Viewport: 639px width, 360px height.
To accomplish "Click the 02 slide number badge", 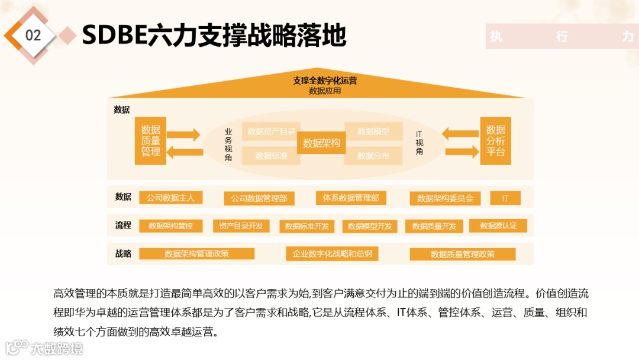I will point(33,36).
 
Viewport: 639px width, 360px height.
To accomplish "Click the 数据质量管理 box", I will point(150,141).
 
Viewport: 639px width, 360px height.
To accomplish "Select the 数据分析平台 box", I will point(495,141).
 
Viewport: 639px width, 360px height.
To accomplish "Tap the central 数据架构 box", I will point(321,143).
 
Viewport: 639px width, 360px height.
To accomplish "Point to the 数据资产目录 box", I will point(272,131).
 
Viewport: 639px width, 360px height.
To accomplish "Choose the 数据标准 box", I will point(272,156).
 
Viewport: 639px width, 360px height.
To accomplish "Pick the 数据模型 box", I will point(373,131).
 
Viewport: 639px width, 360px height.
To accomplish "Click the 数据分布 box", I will point(373,156).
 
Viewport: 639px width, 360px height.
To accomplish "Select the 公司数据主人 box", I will point(170,198).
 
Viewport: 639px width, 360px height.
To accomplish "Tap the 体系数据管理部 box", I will point(351,198).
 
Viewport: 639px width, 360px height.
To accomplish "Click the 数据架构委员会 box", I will point(445,198).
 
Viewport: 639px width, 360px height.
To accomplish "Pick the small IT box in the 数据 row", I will point(505,198).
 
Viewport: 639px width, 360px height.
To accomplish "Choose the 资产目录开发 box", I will point(241,226).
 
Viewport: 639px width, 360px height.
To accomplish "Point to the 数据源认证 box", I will point(498,226).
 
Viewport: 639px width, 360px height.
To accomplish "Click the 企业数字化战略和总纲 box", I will point(332,254).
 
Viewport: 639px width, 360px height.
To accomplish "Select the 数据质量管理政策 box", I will point(463,254).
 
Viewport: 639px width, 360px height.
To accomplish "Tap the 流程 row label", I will point(123,226).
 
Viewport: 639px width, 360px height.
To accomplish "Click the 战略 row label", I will point(123,254).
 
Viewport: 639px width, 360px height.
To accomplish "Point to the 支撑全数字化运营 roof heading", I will point(325,81).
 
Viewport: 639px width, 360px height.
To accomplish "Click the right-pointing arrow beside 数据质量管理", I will point(184,134).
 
